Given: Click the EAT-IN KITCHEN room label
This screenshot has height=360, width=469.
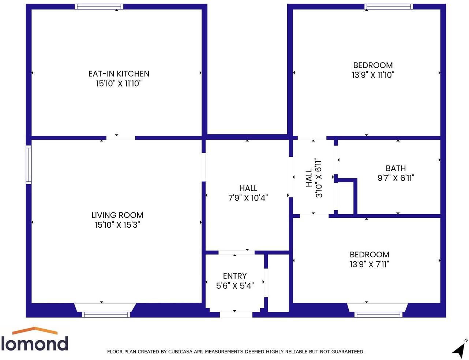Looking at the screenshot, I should pos(119,74).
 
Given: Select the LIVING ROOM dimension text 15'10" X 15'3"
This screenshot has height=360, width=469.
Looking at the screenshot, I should pos(117,225).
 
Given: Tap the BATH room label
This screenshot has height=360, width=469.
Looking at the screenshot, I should pos(395,168).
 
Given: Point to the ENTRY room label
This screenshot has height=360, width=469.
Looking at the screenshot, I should pos(234,276).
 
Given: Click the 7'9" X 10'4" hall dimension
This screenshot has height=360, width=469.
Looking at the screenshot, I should pos(248,198).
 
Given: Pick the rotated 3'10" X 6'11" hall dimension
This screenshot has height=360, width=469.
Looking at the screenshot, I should pos(319,178).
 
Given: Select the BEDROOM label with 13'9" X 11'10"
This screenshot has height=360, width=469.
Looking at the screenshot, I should pos(373,65).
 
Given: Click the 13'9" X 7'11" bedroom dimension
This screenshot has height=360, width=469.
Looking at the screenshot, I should pos(369,264).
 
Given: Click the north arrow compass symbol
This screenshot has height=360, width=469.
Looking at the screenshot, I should pos(459,349).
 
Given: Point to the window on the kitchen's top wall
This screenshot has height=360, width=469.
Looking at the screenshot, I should pos(99,7).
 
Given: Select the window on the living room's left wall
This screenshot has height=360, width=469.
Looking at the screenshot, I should pos(29,164).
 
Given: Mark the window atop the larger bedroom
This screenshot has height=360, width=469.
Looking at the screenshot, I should pos(389,7).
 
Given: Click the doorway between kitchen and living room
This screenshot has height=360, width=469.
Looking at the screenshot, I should pos(120,138).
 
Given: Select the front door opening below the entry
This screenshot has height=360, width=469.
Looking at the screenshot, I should pos(236,314).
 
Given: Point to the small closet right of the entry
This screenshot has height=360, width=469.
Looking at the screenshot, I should pos(278,283).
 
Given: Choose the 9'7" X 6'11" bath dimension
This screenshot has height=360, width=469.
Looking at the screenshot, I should pos(395,178).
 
